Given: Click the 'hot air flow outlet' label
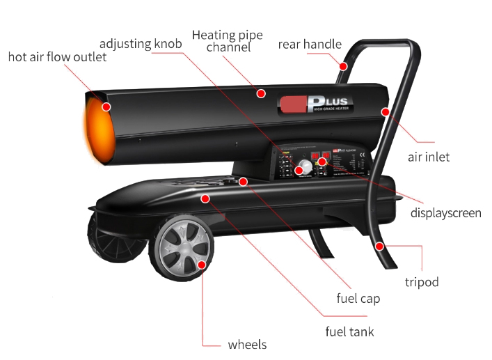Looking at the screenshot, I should click(x=58, y=56).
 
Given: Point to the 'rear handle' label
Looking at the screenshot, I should click(x=310, y=44).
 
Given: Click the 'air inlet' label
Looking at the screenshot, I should click(x=429, y=157).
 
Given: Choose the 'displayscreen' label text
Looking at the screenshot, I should click(x=445, y=212).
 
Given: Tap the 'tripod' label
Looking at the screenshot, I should click(x=422, y=282).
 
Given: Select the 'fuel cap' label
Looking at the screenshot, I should click(x=358, y=299).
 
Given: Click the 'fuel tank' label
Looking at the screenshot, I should click(x=350, y=331).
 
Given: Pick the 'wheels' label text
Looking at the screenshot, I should click(x=247, y=345).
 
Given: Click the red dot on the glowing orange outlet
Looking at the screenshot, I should click(x=106, y=107).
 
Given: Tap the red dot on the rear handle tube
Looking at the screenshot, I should click(x=344, y=67).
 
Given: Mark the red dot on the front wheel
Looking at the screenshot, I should click(x=201, y=265).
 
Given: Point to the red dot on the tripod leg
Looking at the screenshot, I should click(x=379, y=246).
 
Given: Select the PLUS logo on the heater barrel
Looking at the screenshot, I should click(x=316, y=104).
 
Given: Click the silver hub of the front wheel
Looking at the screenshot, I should click(x=182, y=246).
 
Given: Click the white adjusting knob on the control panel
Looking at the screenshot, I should click(x=302, y=169).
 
